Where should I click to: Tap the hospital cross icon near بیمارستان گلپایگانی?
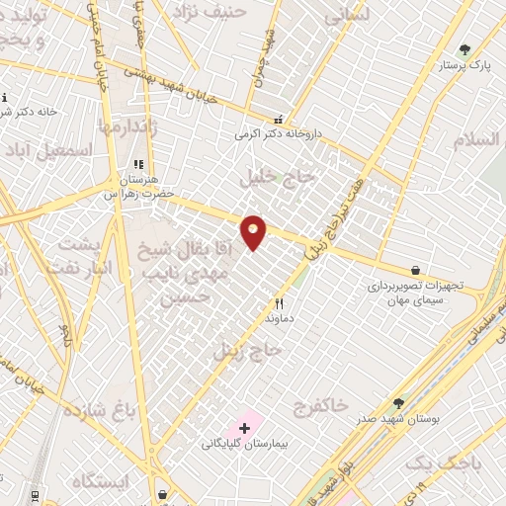tap(244, 428)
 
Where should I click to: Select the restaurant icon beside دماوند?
tap(279, 304)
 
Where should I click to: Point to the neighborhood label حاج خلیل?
tap(277, 177)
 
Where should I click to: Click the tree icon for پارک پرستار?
tap(464, 49)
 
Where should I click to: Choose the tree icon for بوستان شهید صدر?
tap(398, 403)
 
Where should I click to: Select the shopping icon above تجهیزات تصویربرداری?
tap(416, 270)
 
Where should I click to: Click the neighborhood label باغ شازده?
tap(98, 410)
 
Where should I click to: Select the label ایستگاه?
tap(100, 481)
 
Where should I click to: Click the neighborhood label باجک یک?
tap(434, 462)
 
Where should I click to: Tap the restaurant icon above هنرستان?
tap(138, 165)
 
